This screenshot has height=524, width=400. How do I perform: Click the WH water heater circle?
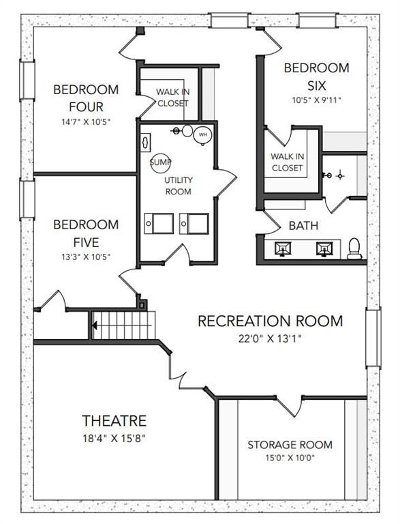coord(203,135)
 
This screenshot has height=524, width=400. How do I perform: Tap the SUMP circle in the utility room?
coord(160,163)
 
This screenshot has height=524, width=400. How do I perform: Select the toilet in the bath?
coord(354,249)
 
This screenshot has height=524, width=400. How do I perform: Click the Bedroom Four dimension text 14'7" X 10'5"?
coord(86,121)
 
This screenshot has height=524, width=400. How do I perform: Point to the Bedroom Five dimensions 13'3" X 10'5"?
coord(86,257)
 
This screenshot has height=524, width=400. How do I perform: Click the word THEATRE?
coord(114,421)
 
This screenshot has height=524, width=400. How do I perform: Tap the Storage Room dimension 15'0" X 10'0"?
coord(290,458)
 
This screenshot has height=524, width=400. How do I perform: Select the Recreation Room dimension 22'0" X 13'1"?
coord(270,338)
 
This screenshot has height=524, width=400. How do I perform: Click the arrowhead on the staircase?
coord(95,325)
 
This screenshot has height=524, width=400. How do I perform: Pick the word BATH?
coord(303,226)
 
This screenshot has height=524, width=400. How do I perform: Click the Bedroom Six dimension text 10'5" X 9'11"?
coord(317,100)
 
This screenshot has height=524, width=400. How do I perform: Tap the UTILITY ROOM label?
coord(179,186)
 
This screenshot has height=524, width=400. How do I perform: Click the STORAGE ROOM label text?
coord(290,445)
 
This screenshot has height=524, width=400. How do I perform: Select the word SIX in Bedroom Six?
coord(317,86)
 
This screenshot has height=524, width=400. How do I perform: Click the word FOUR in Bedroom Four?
coord(86,107)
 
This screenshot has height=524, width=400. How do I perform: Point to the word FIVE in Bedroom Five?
coord(86,242)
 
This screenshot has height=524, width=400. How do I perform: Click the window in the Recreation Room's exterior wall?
coord(373,338)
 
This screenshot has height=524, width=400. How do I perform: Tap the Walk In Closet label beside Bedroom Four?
coord(172,98)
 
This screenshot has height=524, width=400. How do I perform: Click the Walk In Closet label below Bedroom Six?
coord(287,162)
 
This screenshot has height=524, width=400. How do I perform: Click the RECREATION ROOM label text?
coord(270,321)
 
